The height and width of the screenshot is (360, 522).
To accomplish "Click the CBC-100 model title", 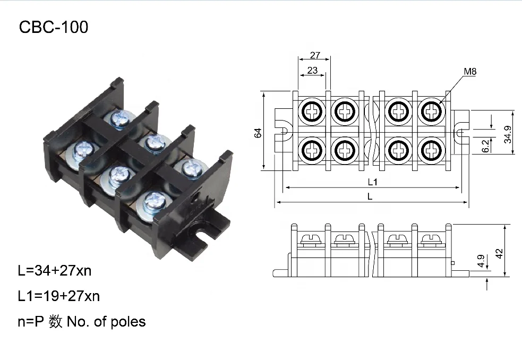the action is click(53, 27).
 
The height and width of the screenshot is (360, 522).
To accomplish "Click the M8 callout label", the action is click(470, 71).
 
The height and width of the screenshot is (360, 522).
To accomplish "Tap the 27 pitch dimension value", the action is click(315, 55).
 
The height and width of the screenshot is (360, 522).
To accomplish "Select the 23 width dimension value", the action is click(312, 70).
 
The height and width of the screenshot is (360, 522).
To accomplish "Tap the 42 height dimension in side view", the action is click(498, 251).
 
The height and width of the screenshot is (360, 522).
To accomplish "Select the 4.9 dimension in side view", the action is click(480, 261).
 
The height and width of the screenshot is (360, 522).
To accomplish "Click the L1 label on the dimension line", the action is click(372, 182).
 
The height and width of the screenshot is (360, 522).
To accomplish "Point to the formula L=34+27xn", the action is click(55, 271).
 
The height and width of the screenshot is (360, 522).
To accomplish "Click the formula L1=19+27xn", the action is click(59, 296).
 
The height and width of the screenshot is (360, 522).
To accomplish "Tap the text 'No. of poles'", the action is click(106, 321).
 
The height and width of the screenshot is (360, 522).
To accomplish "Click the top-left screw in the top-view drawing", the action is click(312, 112).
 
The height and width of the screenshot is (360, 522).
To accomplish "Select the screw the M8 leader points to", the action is click(431, 112).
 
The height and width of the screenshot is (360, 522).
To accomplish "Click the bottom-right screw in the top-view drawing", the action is click(431, 150).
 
